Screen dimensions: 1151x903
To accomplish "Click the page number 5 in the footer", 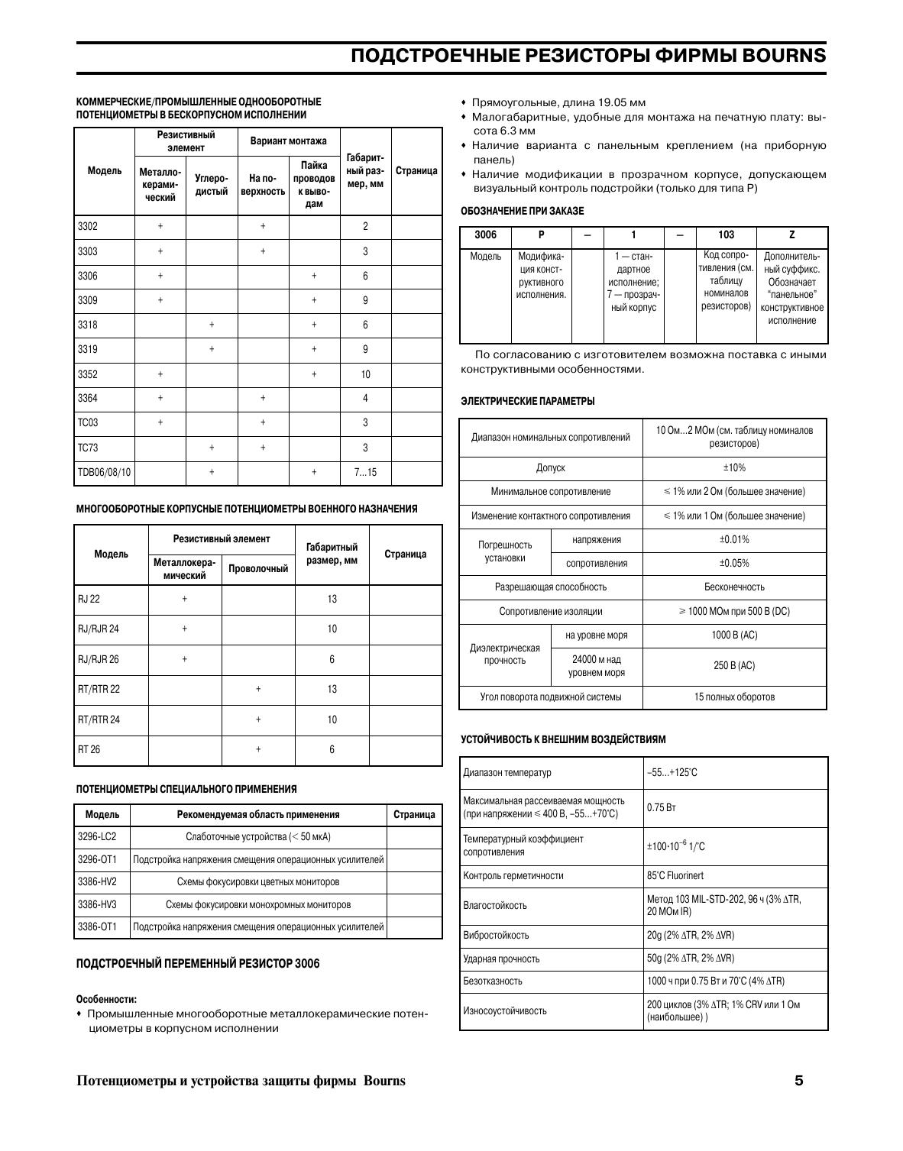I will click(799, 1081).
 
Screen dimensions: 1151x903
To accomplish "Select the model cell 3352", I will click(88, 374).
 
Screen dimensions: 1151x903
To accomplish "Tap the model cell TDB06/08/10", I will click(105, 472).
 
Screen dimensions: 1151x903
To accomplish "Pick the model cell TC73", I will click(88, 448).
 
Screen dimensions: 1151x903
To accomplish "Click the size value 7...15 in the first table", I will click(365, 472).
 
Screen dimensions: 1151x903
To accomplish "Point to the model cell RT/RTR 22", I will click(99, 689).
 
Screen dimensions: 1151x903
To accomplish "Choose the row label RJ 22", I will click(89, 599).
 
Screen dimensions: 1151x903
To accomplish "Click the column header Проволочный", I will click(258, 568).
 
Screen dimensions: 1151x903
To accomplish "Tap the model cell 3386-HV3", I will click(97, 904).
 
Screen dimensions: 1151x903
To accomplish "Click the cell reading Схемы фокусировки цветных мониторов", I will click(258, 881).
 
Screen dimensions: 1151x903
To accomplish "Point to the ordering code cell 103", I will click(726, 235).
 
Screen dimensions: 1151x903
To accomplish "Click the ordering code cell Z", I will click(791, 235).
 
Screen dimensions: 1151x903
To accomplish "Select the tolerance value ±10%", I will click(734, 467).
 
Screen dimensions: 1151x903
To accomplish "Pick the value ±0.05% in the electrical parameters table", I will click(734, 564).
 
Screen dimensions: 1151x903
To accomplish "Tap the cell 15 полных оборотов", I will click(734, 697).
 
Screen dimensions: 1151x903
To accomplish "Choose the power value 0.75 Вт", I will click(656, 807).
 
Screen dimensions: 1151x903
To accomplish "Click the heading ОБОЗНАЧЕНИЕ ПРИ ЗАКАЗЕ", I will click(522, 211).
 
